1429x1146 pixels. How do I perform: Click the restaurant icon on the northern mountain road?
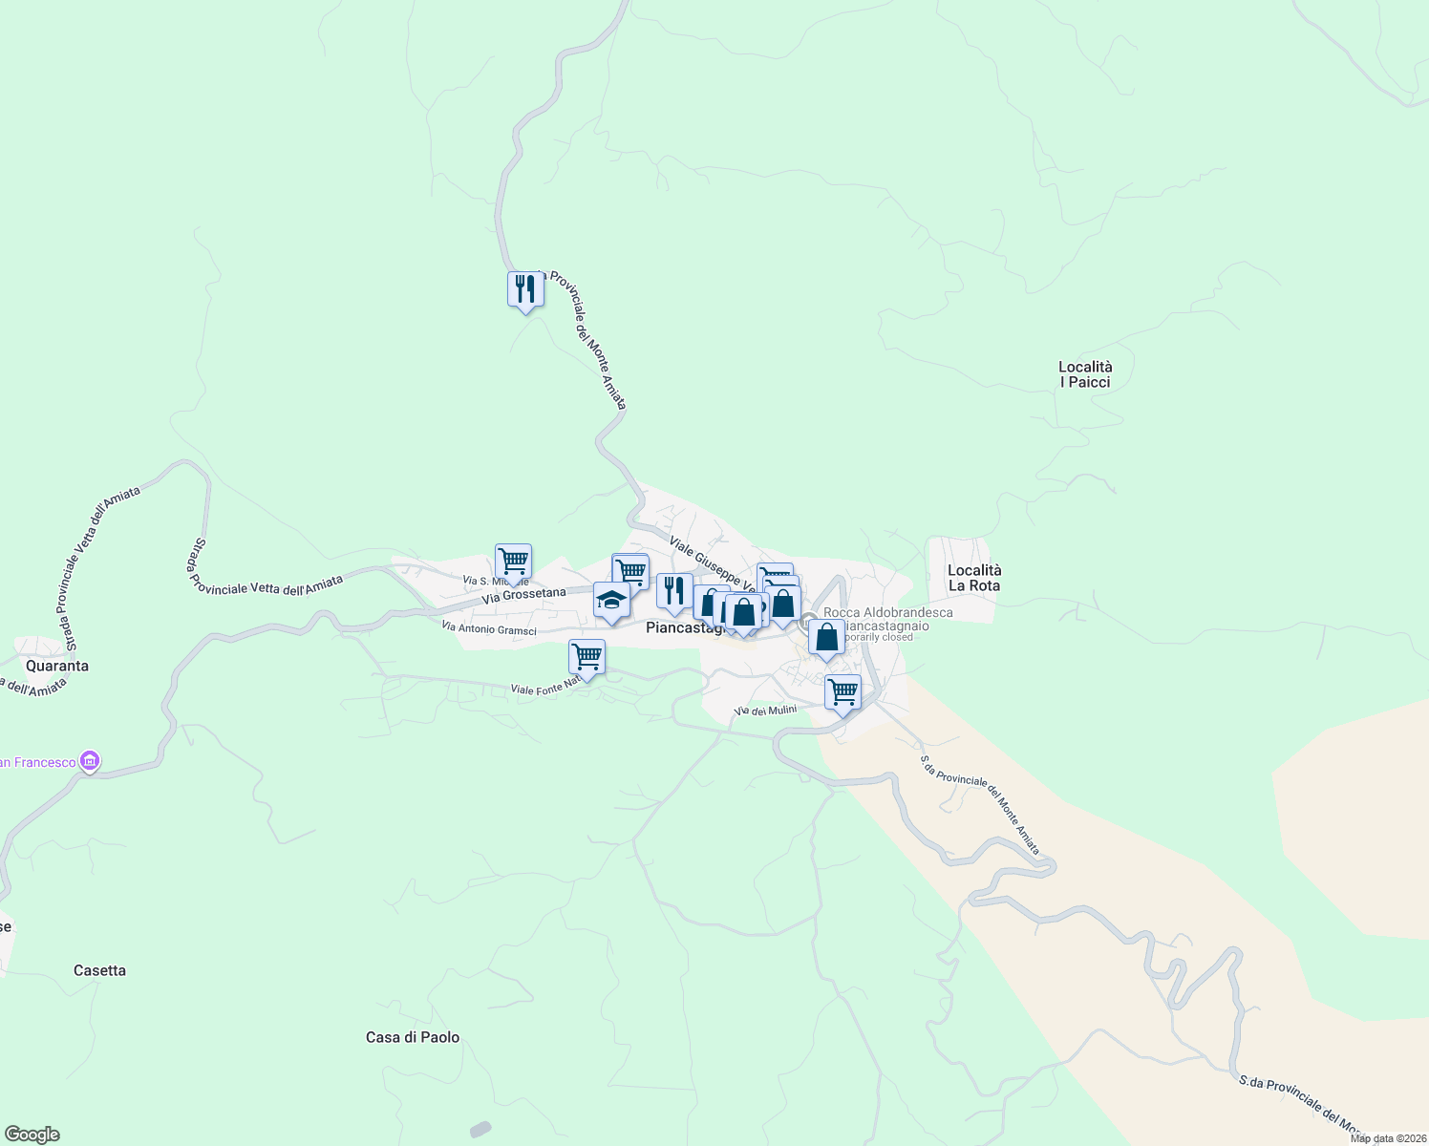pyautogui.click(x=525, y=287)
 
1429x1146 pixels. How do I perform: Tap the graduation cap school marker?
pyautogui.click(x=611, y=600)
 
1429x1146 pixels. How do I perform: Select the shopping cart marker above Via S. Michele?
pyautogui.click(x=513, y=561)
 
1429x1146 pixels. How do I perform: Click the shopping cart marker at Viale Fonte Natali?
pyautogui.click(x=587, y=657)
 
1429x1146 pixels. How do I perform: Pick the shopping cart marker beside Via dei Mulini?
pyautogui.click(x=842, y=691)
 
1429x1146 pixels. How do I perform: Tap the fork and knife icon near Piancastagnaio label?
pyautogui.click(x=674, y=590)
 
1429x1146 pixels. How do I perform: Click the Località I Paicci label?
pyautogui.click(x=1085, y=374)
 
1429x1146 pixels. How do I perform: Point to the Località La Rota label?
pyautogui.click(x=974, y=578)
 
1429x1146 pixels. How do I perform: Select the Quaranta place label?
pyautogui.click(x=57, y=666)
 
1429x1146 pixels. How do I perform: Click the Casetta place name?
pyautogui.click(x=99, y=970)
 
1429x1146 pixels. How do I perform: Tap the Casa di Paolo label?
pyautogui.click(x=413, y=1037)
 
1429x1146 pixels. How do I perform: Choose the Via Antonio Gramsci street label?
pyautogui.click(x=488, y=628)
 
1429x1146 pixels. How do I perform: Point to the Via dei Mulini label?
pyautogui.click(x=765, y=711)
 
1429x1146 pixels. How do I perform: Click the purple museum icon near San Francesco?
pyautogui.click(x=91, y=761)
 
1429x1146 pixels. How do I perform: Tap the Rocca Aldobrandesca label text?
pyautogui.click(x=887, y=612)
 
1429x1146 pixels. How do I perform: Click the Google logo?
pyautogui.click(x=32, y=1135)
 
